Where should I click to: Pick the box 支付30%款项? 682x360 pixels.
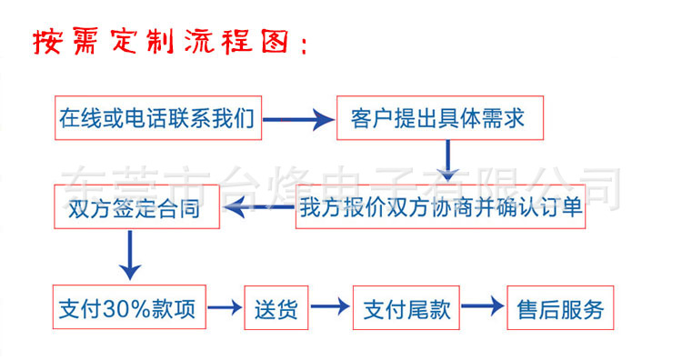point(126,308)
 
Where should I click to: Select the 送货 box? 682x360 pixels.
point(275,308)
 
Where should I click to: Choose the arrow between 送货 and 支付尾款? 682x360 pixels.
point(327,309)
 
